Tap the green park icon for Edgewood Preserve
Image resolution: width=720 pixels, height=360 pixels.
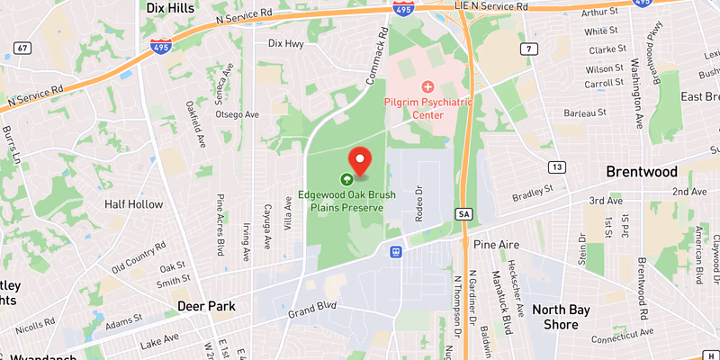click(346, 177)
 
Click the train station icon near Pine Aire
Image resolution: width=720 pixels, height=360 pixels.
click(395, 251)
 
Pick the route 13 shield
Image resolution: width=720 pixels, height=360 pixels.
click(557, 167)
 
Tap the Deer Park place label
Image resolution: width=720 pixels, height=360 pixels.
click(206, 306)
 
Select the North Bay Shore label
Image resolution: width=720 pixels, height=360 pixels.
click(561, 318)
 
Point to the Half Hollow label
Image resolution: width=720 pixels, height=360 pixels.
click(135, 204)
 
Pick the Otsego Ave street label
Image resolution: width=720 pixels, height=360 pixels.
click(238, 115)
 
